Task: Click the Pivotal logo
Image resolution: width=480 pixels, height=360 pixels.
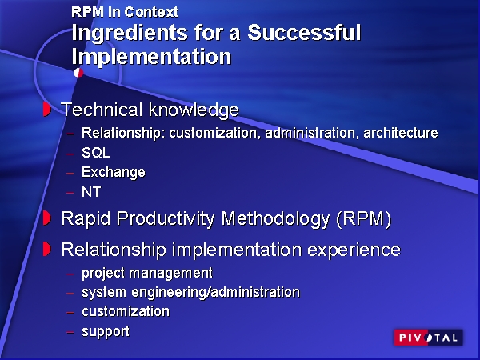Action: click(x=427, y=338)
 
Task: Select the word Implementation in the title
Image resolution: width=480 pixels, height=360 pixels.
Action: click(x=151, y=57)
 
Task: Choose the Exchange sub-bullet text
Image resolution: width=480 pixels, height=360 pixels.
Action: click(x=114, y=172)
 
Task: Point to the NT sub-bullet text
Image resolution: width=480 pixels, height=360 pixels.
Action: click(x=91, y=192)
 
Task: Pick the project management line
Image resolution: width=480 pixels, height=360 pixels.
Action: click(x=147, y=273)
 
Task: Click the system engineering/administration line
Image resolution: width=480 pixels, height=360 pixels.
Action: click(x=190, y=292)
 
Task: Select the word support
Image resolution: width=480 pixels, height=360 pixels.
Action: click(x=106, y=330)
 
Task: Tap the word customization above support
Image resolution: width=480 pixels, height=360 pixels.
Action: click(x=126, y=311)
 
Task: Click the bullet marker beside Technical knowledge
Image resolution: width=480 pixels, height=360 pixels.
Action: click(x=46, y=108)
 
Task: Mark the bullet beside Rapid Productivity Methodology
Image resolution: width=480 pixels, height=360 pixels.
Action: click(x=46, y=217)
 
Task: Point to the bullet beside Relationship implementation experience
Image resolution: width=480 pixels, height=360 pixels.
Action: click(x=46, y=249)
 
